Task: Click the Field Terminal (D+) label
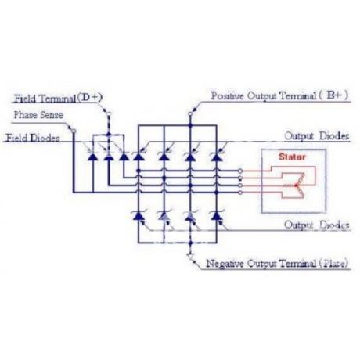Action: tap(58, 98)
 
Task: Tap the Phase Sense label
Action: tap(38, 115)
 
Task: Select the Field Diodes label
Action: tap(33, 138)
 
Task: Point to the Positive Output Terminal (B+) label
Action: tap(279, 95)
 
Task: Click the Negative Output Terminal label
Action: tap(277, 264)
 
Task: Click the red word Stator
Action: tap(292, 157)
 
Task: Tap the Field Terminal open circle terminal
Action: tap(109, 113)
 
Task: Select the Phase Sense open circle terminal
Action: tap(74, 131)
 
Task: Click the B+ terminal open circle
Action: tap(190, 114)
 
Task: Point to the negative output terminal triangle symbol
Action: tap(190, 257)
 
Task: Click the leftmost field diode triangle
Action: tap(92, 157)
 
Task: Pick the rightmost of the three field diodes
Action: tap(124, 157)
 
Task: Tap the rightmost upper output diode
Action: tap(217, 157)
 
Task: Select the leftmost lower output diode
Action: tap(139, 216)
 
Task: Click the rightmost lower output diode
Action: tap(217, 216)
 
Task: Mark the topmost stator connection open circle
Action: tap(240, 171)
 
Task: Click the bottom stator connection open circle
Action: tap(240, 193)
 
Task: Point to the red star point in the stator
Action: tap(296, 185)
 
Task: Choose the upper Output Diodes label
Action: tap(316, 136)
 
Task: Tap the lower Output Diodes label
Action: tap(316, 225)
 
